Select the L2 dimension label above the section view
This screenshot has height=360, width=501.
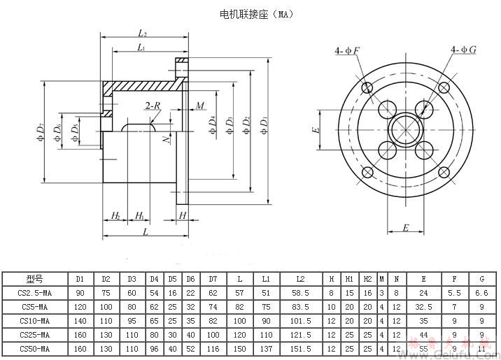click(143, 33)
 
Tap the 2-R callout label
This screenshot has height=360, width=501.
click(153, 106)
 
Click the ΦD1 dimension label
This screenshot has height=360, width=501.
click(264, 126)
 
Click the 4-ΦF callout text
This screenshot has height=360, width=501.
click(348, 50)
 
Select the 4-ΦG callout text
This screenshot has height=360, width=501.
click(464, 50)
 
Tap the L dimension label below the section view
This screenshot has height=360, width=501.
click(145, 231)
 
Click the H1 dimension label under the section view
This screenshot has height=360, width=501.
click(140, 215)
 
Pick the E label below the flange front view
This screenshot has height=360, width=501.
click(405, 229)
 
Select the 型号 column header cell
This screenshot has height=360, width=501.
click(35, 280)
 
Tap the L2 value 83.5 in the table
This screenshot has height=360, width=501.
click(300, 307)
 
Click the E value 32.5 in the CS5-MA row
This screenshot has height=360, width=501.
click(423, 307)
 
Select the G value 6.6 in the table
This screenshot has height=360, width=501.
click(481, 293)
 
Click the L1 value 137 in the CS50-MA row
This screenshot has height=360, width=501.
click(266, 348)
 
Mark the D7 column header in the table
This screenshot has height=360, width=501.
click(213, 280)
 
